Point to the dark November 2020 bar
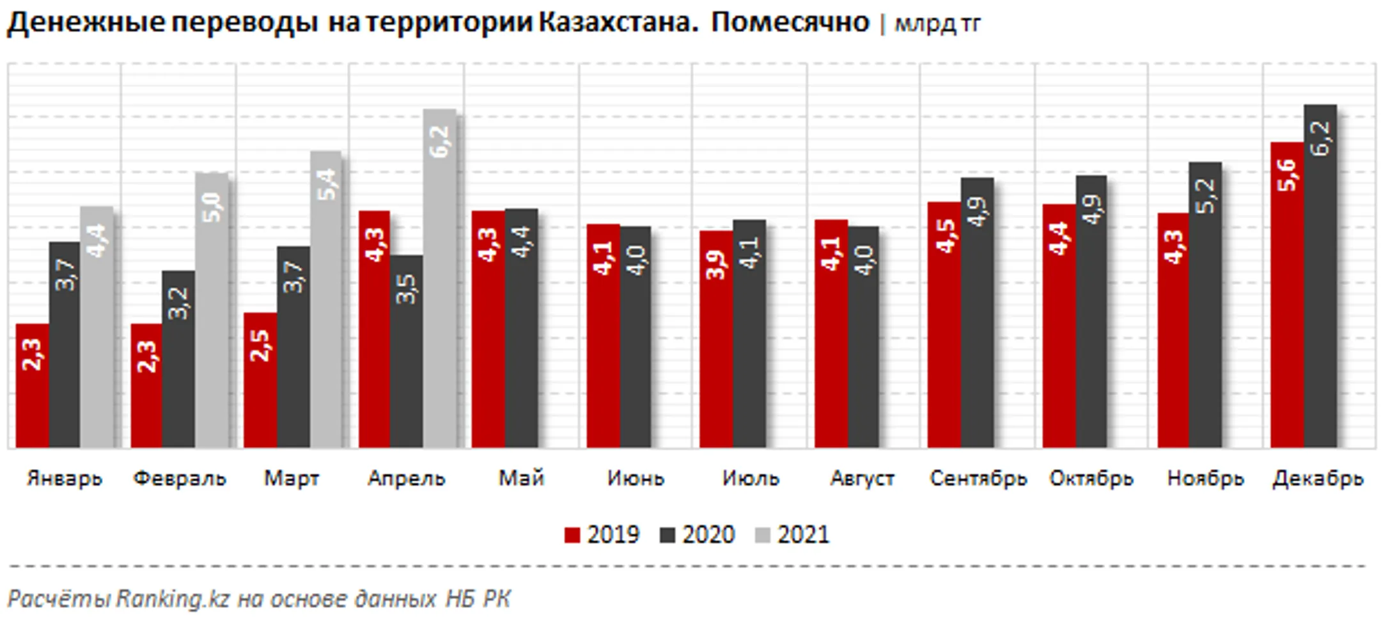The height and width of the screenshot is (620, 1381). [1205, 307]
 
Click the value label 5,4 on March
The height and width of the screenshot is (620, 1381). [326, 185]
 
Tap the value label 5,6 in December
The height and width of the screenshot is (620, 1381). [1286, 175]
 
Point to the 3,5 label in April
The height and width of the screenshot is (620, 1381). [406, 289]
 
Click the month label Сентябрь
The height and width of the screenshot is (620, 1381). [978, 479]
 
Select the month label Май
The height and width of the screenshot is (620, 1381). [521, 479]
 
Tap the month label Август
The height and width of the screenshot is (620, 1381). [862, 479]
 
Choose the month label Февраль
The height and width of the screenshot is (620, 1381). [180, 479]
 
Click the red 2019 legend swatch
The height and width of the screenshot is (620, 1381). [572, 535]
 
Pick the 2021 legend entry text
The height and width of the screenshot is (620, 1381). [803, 535]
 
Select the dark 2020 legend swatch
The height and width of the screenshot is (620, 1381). [667, 535]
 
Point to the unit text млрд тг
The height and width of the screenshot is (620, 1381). [937, 24]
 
